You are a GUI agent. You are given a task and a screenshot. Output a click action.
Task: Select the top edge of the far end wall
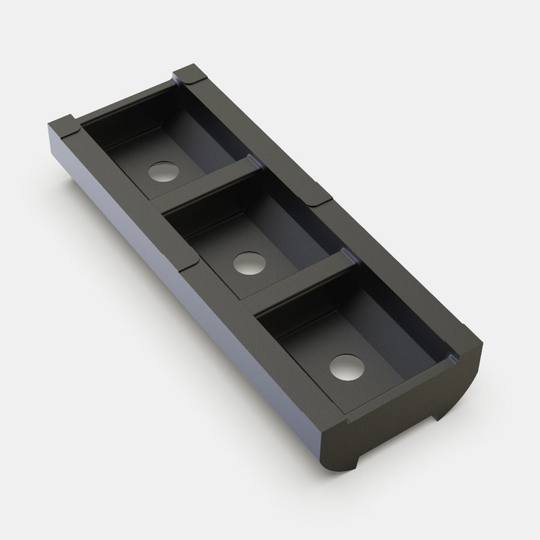(126, 99)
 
